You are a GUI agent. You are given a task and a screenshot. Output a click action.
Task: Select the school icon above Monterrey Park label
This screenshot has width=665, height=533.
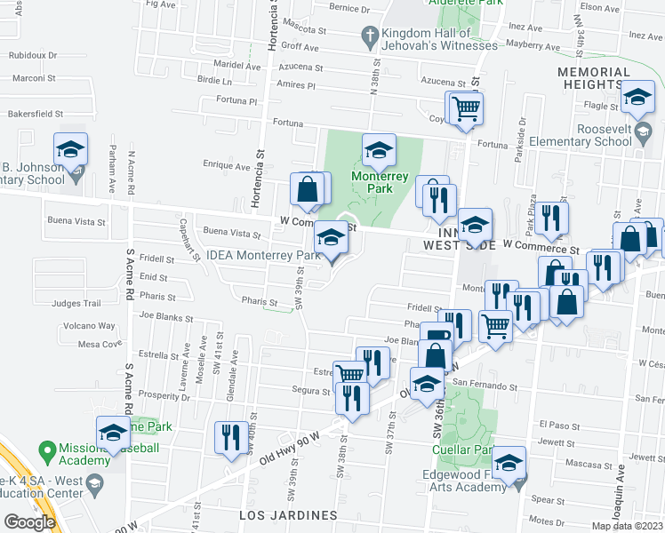click(x=379, y=150)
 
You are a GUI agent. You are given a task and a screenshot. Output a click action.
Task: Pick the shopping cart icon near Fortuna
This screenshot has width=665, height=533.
click(x=465, y=109)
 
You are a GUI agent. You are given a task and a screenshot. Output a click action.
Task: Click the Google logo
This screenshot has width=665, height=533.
click(x=29, y=522)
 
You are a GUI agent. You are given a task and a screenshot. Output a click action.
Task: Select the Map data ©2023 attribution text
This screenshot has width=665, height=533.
click(x=627, y=526)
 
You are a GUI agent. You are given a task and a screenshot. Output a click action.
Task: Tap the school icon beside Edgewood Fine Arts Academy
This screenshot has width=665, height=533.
click(x=509, y=463)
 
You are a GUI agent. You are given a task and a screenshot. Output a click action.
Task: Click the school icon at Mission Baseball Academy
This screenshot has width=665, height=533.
click(x=113, y=432)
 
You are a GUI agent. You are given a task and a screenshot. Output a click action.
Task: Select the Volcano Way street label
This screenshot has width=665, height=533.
click(x=96, y=326)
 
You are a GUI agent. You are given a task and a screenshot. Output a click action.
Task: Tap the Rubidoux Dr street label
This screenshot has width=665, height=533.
click(x=33, y=54)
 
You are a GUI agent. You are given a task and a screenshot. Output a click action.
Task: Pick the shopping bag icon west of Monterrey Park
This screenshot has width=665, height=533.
click(x=308, y=190)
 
